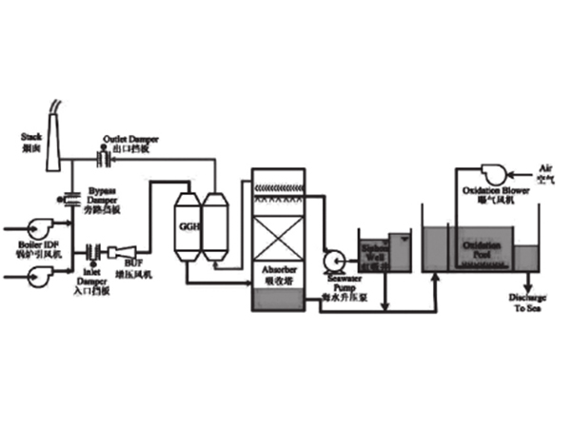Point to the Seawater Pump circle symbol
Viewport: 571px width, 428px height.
[x=333, y=259]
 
